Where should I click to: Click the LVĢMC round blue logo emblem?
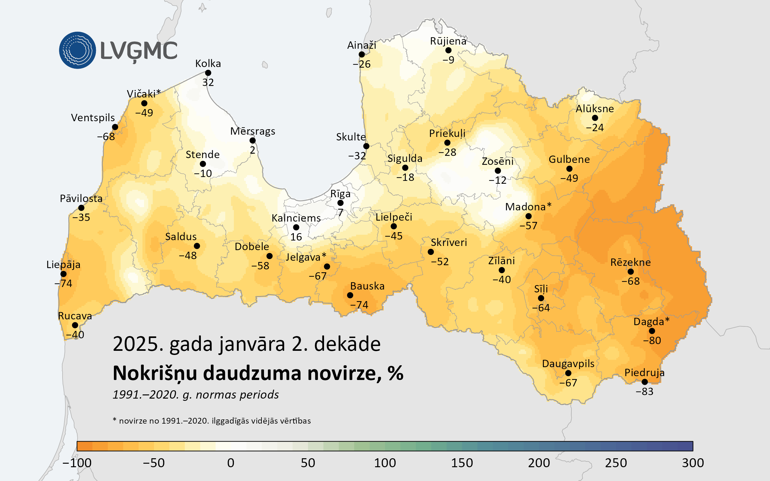tap(77, 50)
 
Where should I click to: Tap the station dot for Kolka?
tap(208, 73)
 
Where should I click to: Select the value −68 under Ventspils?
tap(106, 137)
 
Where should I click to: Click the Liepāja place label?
tap(64, 265)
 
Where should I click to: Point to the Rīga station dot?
tap(340, 203)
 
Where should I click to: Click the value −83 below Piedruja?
tap(645, 392)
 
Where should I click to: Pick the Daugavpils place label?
tap(568, 364)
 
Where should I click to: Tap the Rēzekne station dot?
tap(631, 272)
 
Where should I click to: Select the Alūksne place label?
tap(595, 109)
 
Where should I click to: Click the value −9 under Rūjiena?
tap(448, 60)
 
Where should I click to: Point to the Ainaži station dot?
tap(362, 55)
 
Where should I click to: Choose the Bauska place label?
tap(367, 286)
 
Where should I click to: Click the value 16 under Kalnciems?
tap(296, 237)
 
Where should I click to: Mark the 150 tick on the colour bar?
tap(462, 463)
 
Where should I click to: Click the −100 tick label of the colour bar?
tap(77, 463)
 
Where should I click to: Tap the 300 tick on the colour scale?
tap(693, 463)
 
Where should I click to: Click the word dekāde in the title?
tap(347, 344)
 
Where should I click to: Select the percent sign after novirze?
tap(395, 373)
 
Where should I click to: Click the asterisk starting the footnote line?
tap(115, 420)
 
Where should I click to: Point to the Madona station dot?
tap(528, 216)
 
